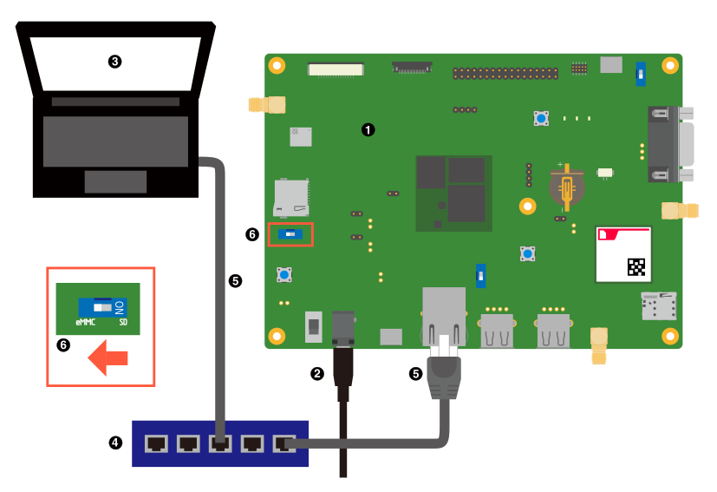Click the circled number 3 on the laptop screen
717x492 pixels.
point(114,62)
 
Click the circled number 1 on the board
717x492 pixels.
point(368,129)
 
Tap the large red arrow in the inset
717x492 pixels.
point(108,358)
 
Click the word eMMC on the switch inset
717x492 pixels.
point(85,322)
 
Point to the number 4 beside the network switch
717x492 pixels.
point(114,443)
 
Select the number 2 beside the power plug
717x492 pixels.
point(317,373)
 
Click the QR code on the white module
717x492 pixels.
point(636,267)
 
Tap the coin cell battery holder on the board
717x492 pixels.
point(566,187)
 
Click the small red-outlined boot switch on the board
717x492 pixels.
point(290,234)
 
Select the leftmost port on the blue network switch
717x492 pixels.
point(156,443)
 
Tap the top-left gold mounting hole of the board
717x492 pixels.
point(277,65)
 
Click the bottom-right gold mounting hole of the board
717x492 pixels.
point(669,336)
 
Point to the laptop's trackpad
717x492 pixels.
point(115,181)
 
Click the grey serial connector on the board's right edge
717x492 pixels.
point(670,144)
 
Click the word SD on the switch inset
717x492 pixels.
point(123,322)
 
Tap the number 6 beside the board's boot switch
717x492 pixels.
point(252,234)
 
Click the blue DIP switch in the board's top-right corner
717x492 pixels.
point(641,74)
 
